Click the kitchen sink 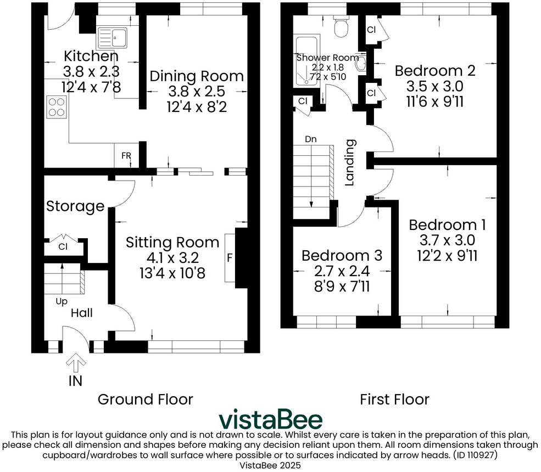click(113, 37)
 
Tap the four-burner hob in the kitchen click(57, 107)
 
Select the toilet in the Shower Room click(341, 26)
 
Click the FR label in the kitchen click(126, 156)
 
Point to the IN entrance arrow click(76, 362)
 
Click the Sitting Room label click(172, 243)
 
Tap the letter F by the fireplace click(230, 257)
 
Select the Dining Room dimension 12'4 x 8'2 click(197, 107)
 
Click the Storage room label click(75, 206)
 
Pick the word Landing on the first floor click(350, 162)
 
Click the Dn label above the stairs click(311, 139)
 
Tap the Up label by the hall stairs click(62, 302)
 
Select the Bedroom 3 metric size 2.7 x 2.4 click(342, 271)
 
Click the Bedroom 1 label click(448, 225)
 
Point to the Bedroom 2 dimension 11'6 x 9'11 click(435, 102)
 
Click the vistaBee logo click(271, 419)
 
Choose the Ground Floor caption click(145, 399)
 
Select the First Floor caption click(395, 400)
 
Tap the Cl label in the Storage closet click(63, 247)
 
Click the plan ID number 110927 click(481, 455)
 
